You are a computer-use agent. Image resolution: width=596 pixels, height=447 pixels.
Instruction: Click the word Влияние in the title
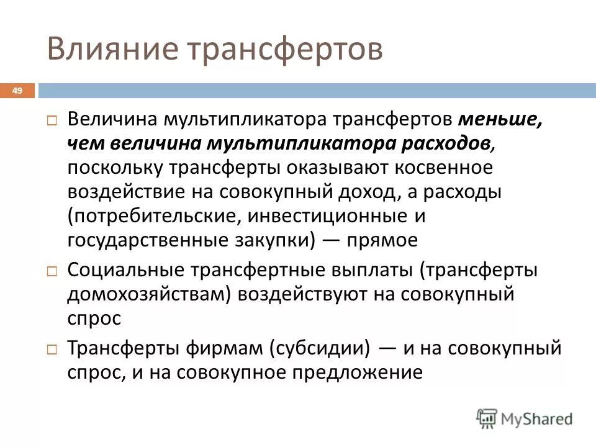pyautogui.click(x=103, y=49)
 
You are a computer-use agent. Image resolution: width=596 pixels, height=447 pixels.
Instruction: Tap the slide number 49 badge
pyautogui.click(x=17, y=91)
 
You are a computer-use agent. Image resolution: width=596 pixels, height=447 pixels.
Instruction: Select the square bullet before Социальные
pyautogui.click(x=53, y=272)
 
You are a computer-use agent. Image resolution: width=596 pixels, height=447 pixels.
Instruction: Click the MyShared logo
pyautogui.click(x=525, y=418)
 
